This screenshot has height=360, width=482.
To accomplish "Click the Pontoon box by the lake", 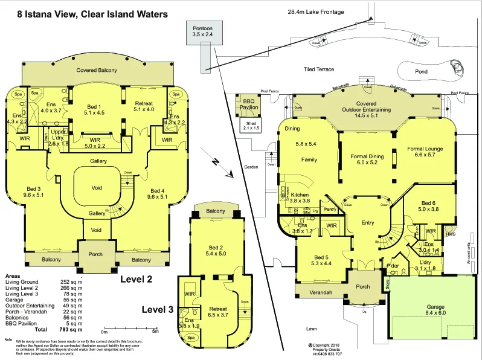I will [x=203, y=31].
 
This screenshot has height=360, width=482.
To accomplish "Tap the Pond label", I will [x=422, y=71].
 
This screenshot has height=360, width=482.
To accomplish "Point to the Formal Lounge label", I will [x=425, y=149].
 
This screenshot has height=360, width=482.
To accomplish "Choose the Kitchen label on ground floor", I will [x=300, y=196].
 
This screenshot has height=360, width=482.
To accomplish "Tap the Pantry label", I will [x=330, y=209].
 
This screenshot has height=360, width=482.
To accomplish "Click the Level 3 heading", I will [x=157, y=309].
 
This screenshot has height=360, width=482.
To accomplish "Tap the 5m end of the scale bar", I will [x=155, y=331].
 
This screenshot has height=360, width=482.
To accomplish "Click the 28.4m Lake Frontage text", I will [x=315, y=11].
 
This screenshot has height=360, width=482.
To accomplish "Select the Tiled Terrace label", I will [x=318, y=69].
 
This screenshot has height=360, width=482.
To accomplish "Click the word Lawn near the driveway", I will [x=311, y=329].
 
